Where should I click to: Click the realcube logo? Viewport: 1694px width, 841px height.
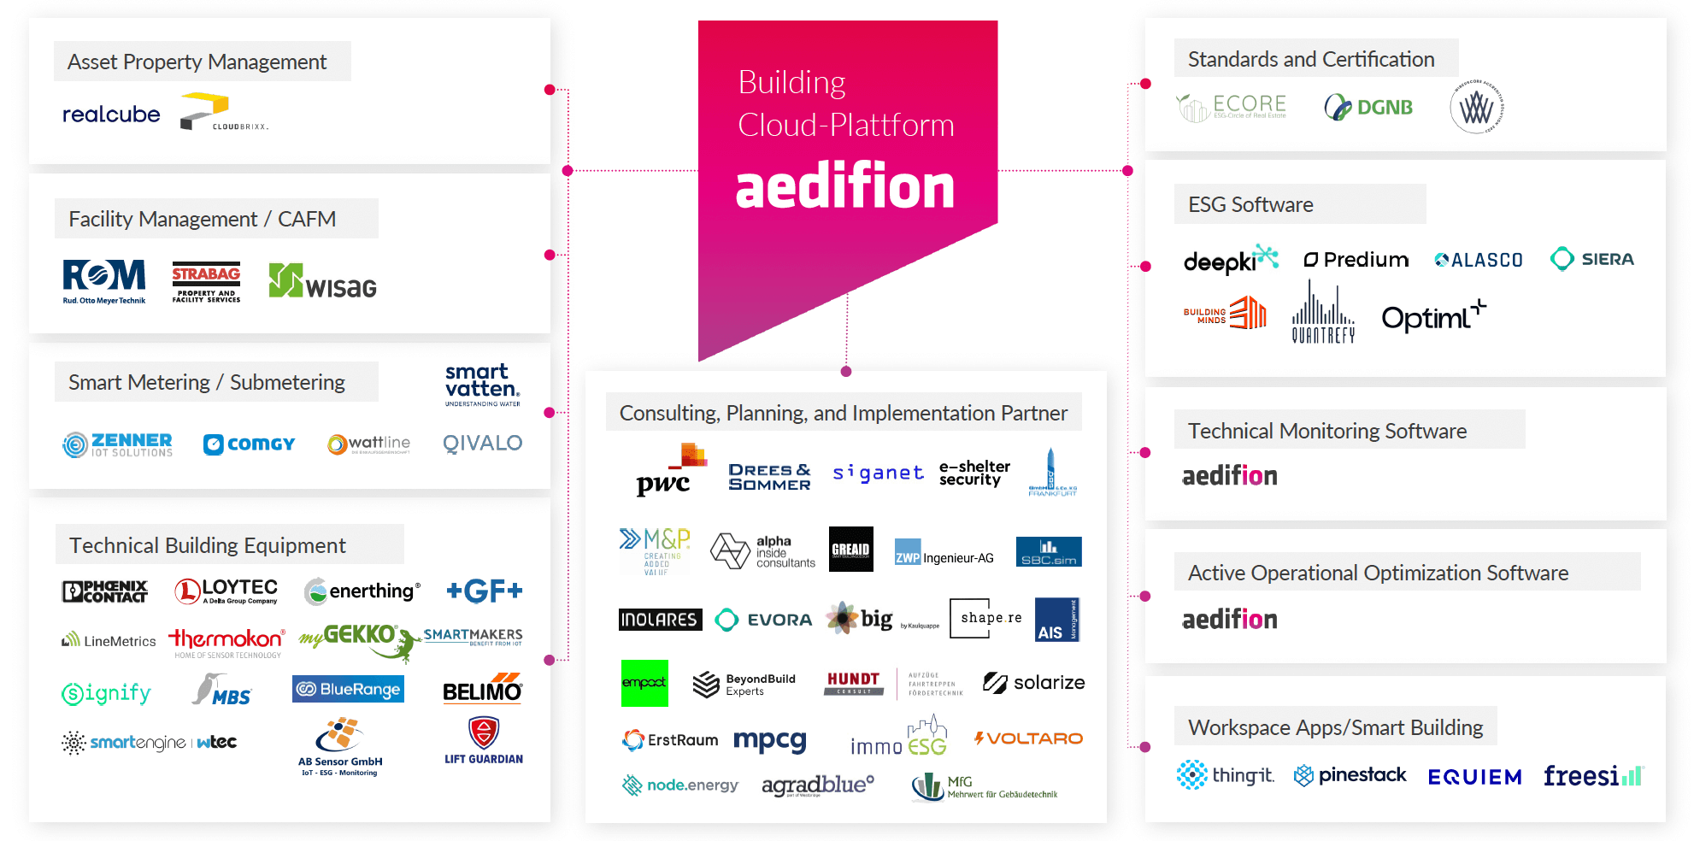coord(111,114)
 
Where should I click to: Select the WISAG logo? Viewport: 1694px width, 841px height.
coord(322,282)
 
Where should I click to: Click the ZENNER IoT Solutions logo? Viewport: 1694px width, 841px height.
coord(118,444)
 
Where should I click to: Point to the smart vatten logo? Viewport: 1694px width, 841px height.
coord(482,385)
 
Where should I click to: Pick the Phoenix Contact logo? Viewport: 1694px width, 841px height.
coord(104,591)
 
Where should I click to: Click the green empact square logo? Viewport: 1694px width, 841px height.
coord(644,683)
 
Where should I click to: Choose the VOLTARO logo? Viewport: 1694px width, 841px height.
coord(1028,738)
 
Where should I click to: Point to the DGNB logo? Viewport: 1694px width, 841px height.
coord(1368,108)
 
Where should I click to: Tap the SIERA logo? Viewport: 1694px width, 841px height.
coord(1591,259)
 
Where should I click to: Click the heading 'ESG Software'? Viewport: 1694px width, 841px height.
coord(1250,205)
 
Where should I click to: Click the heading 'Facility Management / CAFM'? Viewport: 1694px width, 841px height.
coord(202,220)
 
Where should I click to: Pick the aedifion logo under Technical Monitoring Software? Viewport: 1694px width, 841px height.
coord(1229,476)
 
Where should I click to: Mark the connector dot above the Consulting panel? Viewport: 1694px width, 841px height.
coord(846,372)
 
